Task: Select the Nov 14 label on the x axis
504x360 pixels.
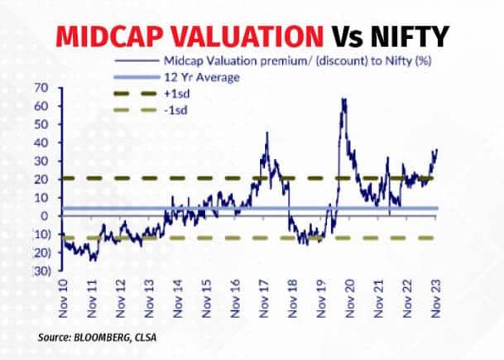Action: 179,293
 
